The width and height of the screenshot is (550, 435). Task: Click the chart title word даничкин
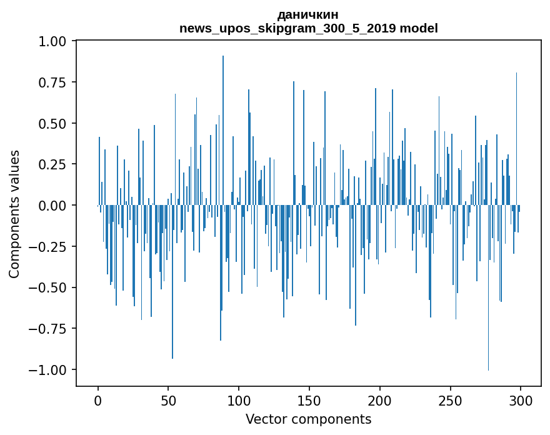pyautogui.click(x=308, y=14)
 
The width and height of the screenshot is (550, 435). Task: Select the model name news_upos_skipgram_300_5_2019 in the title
pyautogui.click(x=288, y=28)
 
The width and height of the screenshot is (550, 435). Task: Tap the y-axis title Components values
pyautogui.click(x=14, y=214)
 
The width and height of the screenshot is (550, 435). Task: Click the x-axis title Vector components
pyautogui.click(x=308, y=419)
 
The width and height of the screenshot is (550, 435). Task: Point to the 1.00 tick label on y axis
pyautogui.click(x=56, y=41)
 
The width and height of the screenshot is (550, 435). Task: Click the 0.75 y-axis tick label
pyautogui.click(x=56, y=82)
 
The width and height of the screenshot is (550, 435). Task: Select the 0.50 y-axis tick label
pyautogui.click(x=56, y=124)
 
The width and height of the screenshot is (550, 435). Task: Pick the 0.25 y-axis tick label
pyautogui.click(x=56, y=164)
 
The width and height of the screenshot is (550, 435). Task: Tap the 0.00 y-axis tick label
pyautogui.click(x=56, y=206)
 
